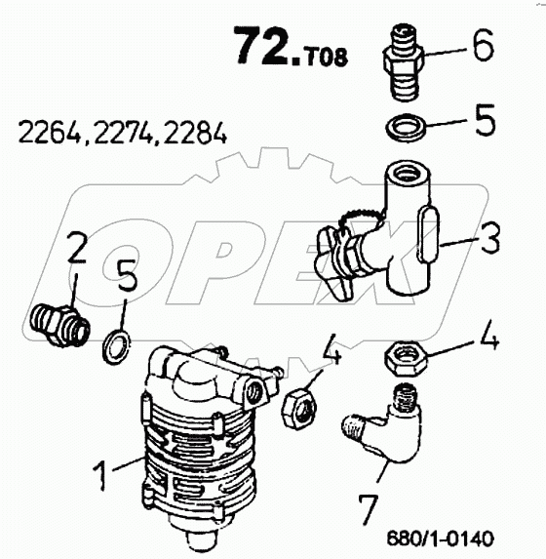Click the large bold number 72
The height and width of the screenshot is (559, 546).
pos(267,47)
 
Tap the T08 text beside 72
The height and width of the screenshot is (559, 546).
pos(325,57)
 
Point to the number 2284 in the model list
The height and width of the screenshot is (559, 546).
pos(195,133)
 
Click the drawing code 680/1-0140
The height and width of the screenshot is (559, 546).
pos(440,539)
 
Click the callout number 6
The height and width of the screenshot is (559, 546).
pos(483,45)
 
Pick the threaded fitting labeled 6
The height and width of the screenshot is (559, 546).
pos(403,62)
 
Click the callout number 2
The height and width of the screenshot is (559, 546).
pos(77,248)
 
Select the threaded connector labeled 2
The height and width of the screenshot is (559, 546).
pos(58,324)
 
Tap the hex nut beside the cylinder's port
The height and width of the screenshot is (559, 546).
pos(299,409)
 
